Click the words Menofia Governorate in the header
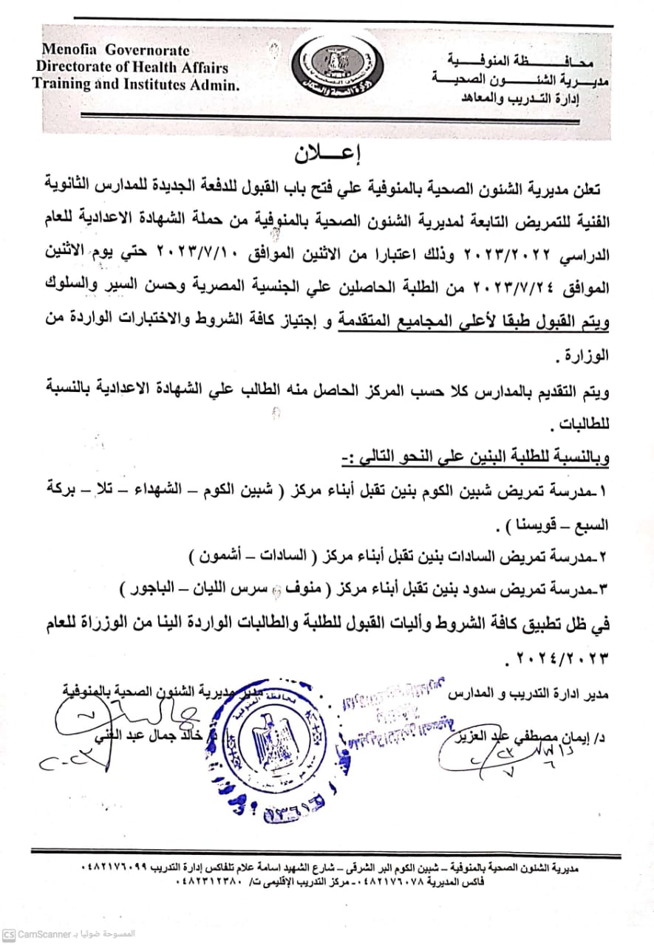pos(115,51)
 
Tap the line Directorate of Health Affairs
pos(132,67)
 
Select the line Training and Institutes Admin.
pos(136,84)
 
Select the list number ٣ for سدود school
pos(607,590)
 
